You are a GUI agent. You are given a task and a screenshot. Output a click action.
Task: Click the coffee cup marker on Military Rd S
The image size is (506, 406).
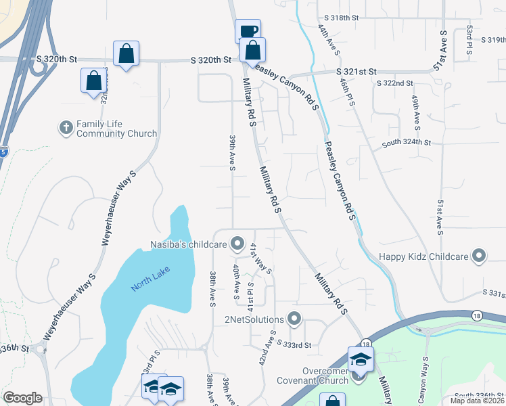point(248,31)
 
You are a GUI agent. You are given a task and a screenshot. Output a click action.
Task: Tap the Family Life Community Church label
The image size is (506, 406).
point(116,129)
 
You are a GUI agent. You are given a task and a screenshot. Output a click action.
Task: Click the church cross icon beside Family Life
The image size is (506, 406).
point(66,127)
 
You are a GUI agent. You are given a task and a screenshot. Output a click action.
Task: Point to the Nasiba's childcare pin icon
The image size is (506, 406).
point(237,242)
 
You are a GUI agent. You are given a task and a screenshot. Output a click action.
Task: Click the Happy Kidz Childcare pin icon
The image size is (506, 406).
point(480,256)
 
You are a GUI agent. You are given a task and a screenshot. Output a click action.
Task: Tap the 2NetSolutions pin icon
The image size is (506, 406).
point(294,317)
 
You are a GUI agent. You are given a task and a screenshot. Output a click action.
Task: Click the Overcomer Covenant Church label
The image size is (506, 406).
point(314,375)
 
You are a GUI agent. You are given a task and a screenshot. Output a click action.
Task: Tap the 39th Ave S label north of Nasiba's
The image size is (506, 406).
point(231,153)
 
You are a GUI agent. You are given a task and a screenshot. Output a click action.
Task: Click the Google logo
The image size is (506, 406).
point(22,397)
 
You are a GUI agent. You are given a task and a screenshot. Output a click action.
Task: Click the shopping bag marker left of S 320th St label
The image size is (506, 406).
point(126,53)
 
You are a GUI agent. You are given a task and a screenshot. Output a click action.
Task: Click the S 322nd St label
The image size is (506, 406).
point(395,83)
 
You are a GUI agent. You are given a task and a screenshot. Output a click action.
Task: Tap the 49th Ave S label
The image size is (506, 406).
point(415,112)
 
